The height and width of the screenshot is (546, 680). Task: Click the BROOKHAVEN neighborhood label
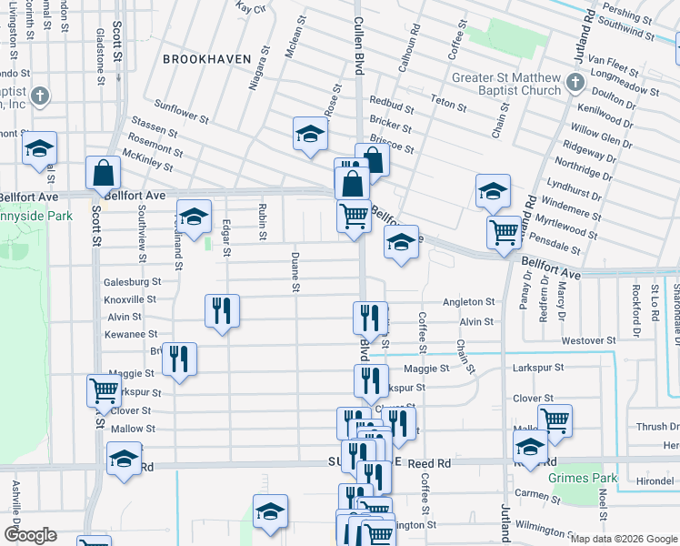[x=206, y=58]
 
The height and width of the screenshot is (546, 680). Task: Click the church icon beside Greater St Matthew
[x=575, y=84]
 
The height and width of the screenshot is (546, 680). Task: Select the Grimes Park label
[x=583, y=478]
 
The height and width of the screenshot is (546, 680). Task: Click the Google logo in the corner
[x=30, y=535]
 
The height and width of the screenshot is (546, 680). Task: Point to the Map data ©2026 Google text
[x=624, y=539]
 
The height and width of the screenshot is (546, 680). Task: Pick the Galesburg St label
[x=132, y=282]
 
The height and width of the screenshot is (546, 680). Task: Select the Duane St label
[x=295, y=272]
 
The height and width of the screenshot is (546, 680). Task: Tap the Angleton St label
[x=468, y=302]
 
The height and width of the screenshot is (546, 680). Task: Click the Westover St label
[x=583, y=340]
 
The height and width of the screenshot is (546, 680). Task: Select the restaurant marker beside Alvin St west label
[x=223, y=311]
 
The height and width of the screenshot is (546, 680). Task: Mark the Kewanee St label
[x=133, y=335]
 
